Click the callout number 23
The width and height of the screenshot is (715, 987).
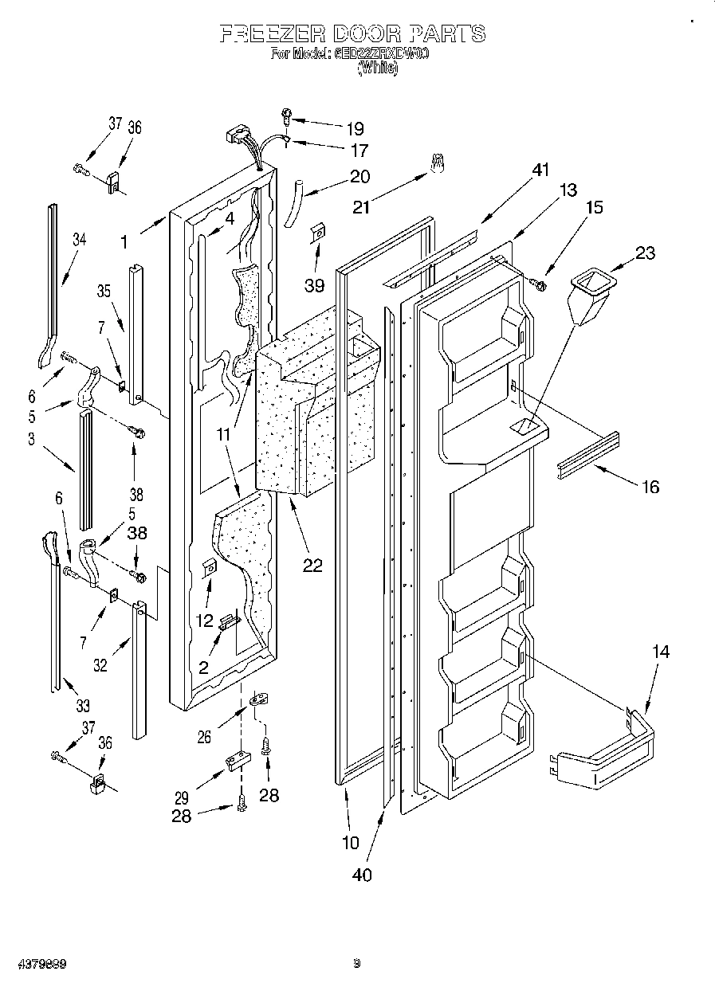(645, 253)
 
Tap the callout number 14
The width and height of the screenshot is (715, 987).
(660, 652)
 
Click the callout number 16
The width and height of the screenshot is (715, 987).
(650, 487)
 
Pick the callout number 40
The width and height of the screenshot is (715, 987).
(362, 874)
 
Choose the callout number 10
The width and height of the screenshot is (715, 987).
(350, 842)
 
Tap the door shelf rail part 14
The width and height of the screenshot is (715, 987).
(606, 753)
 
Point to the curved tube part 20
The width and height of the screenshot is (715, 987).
(294, 204)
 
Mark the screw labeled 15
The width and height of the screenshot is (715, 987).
(540, 284)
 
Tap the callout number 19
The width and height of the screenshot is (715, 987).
(355, 128)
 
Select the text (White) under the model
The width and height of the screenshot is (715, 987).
(376, 69)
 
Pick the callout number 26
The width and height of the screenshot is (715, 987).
(204, 737)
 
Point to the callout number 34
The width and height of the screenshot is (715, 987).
(78, 239)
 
